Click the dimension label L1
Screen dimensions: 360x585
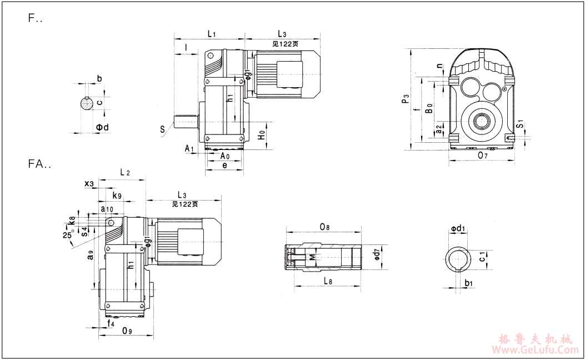pyautogui.click(x=212, y=34)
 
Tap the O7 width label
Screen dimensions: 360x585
pyautogui.click(x=483, y=156)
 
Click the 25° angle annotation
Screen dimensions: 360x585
pyautogui.click(x=68, y=236)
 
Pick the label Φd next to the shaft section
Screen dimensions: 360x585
pyautogui.click(x=102, y=127)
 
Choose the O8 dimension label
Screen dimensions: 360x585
pyautogui.click(x=325, y=227)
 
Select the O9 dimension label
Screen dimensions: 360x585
pyautogui.click(x=127, y=331)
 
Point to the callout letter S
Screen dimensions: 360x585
pyautogui.click(x=163, y=129)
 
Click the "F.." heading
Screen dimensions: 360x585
pyautogui.click(x=36, y=18)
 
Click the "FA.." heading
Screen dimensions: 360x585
pyautogui.click(x=39, y=164)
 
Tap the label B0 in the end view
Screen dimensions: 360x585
pyautogui.click(x=429, y=109)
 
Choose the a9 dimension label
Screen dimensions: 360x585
pyautogui.click(x=91, y=257)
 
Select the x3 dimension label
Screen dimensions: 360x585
pyautogui.click(x=89, y=183)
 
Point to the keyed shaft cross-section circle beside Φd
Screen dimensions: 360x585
pyautogui.click(x=85, y=104)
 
